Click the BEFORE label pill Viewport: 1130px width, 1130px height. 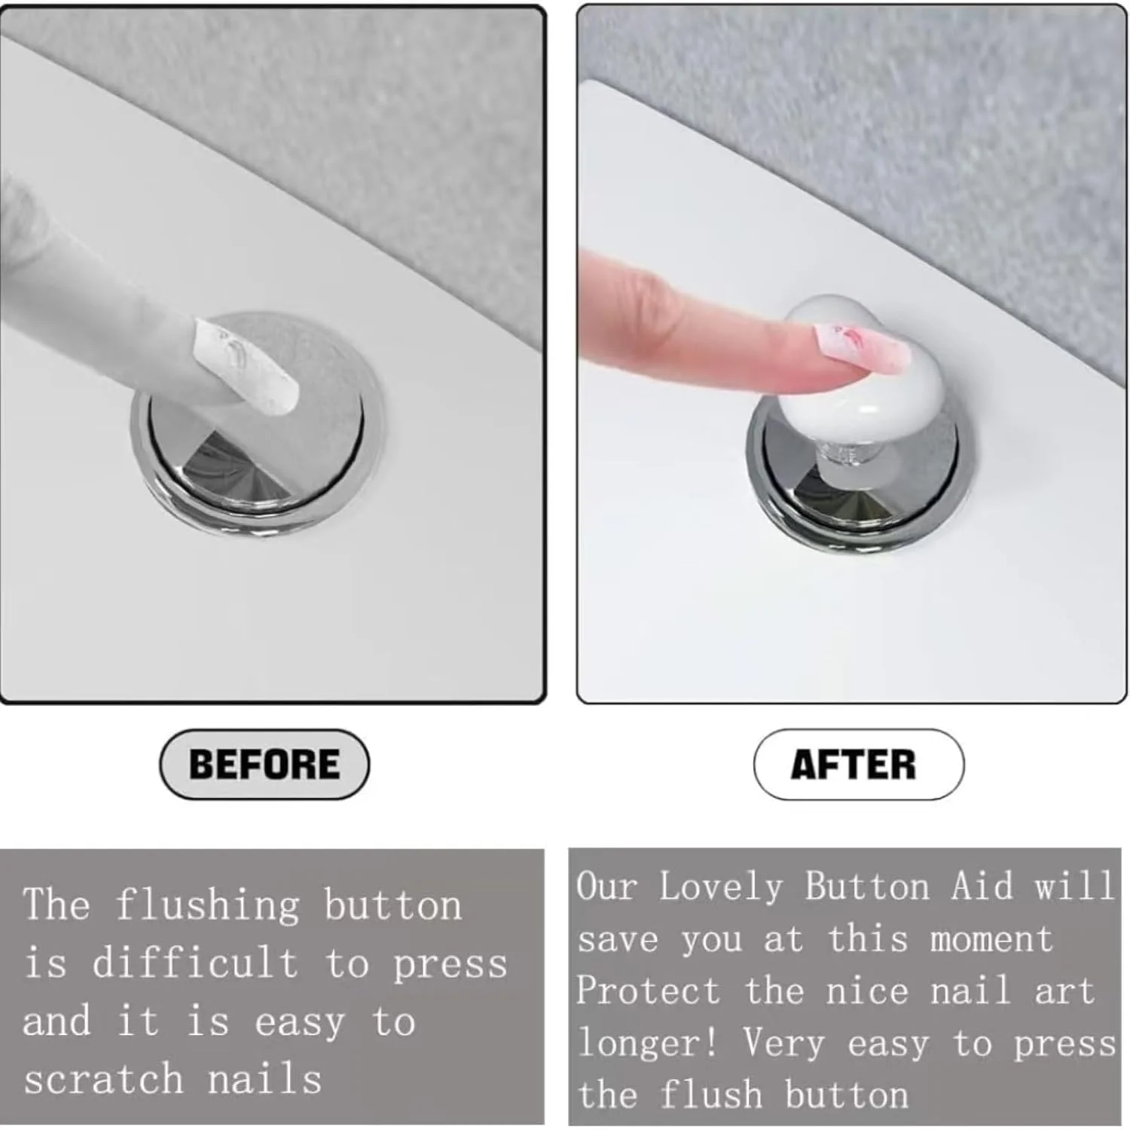click(264, 764)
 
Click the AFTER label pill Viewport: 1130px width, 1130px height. click(858, 764)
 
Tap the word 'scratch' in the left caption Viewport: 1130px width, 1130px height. click(103, 1079)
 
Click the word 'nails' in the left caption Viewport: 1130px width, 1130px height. click(264, 1079)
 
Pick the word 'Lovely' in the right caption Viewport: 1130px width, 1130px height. click(721, 887)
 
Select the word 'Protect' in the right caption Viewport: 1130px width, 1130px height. click(648, 990)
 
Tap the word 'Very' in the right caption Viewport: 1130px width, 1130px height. click(784, 1044)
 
